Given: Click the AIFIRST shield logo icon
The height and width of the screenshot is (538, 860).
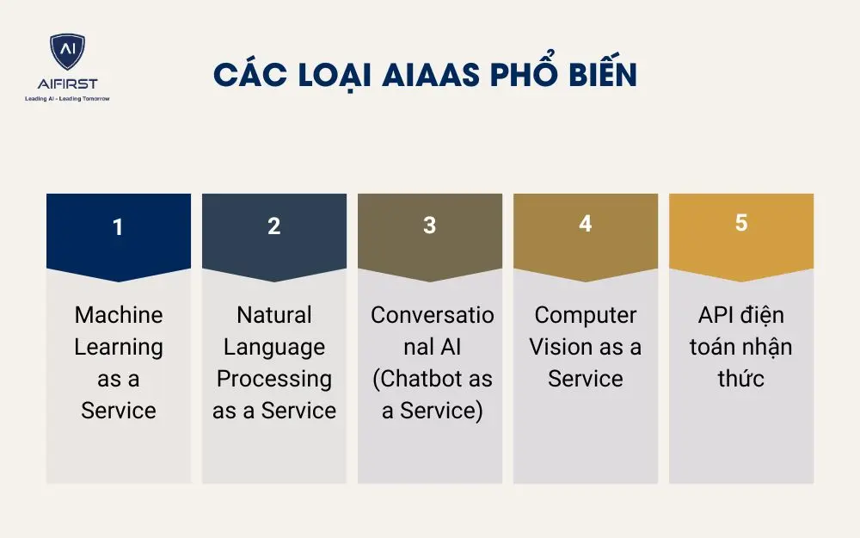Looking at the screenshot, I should [67, 53].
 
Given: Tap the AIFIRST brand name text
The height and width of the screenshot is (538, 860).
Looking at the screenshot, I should [67, 83].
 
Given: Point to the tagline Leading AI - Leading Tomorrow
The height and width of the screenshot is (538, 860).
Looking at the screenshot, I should [67, 98].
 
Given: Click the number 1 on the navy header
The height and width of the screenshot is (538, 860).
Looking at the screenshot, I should [118, 227].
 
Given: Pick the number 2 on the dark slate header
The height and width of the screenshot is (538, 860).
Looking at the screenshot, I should [273, 226].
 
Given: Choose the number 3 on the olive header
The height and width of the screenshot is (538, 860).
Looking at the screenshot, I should [429, 226].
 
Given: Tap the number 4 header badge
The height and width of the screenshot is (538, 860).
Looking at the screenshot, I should [585, 224].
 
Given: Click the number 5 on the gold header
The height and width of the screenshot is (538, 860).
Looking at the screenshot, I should [740, 223].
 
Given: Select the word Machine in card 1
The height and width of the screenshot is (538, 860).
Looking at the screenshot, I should [119, 315].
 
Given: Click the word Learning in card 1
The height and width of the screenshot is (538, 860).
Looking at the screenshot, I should [119, 347].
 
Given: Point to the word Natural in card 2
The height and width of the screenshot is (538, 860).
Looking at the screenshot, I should [274, 315].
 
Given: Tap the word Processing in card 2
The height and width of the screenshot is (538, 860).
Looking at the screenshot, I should [274, 379].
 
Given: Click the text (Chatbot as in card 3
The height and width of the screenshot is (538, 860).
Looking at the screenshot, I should [433, 379].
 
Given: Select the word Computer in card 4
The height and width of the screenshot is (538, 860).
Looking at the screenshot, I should [585, 315].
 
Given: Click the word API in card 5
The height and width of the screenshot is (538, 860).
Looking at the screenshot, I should [715, 315].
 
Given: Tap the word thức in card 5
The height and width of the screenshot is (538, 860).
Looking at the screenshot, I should [740, 379].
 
